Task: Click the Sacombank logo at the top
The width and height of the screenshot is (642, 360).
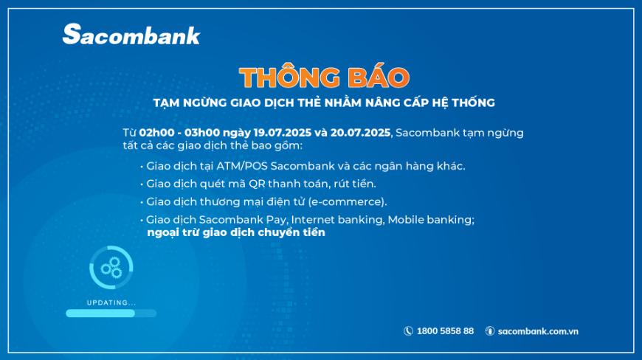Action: click(x=131, y=34)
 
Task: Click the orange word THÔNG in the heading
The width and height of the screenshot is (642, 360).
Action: click(x=289, y=77)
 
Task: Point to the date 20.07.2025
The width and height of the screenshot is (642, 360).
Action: click(x=360, y=133)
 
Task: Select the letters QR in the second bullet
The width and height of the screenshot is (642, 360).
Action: click(x=257, y=184)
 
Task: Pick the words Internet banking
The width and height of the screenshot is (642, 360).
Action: click(x=337, y=220)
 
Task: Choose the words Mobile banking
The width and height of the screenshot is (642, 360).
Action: click(x=431, y=220)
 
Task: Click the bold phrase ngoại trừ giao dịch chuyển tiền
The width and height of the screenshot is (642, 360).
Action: click(x=236, y=232)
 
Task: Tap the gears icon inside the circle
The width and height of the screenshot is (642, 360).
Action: click(x=111, y=268)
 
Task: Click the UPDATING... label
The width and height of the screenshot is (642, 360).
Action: click(x=111, y=302)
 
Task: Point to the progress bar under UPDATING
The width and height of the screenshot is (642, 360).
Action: click(x=111, y=314)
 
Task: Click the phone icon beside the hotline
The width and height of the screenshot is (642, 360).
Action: click(x=408, y=331)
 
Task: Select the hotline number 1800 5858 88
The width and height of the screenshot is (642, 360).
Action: click(x=445, y=331)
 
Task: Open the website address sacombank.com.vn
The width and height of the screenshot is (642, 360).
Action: click(x=538, y=331)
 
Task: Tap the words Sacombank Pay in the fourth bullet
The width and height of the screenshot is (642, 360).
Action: click(x=242, y=220)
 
